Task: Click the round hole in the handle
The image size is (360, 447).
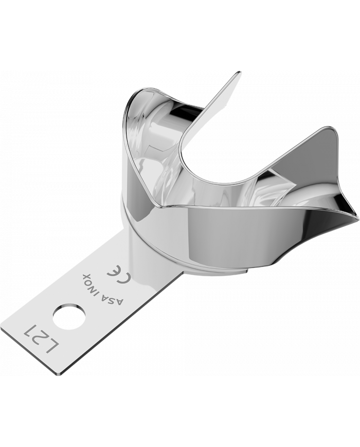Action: tap(69, 314)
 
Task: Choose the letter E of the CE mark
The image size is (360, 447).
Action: tap(113, 275)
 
